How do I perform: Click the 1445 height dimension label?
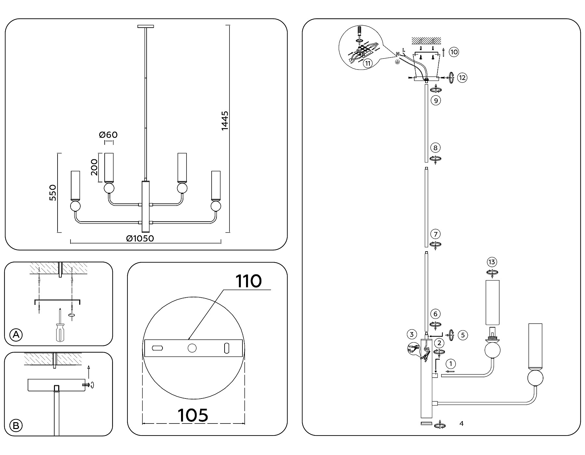tap(225, 121)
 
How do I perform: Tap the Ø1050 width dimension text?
tap(140, 239)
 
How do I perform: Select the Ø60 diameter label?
tap(109, 135)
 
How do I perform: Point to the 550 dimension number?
tap(53, 192)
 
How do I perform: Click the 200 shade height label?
tap(94, 167)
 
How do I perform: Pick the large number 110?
tap(248, 281)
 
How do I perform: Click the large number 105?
tap(193, 415)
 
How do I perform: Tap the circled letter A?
tap(16, 334)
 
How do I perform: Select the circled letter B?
tap(16, 425)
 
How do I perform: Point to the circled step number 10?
tap(454, 52)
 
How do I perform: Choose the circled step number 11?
tap(368, 63)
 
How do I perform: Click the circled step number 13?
tap(492, 262)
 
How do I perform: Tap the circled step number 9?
tap(435, 100)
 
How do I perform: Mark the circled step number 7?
tap(435, 234)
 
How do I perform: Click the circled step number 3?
tap(411, 334)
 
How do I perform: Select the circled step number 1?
tap(451, 364)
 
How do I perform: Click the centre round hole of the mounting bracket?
tap(192, 348)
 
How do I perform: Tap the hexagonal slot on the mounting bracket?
tap(158, 348)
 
